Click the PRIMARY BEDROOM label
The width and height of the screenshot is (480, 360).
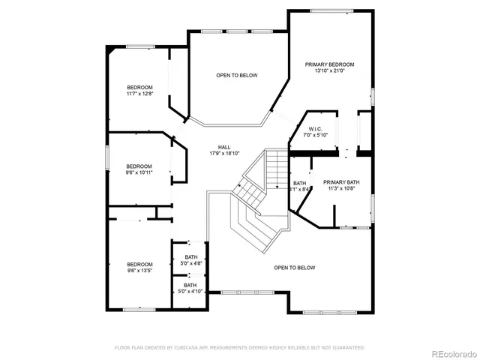[x=329, y=64]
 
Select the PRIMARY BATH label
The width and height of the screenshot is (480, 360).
[x=341, y=182]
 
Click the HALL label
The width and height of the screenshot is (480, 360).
[x=224, y=147]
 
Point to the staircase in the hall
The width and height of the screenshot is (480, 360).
[x=259, y=187]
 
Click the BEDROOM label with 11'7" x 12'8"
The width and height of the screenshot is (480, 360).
[x=139, y=88]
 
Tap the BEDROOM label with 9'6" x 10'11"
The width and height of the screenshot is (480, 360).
[x=139, y=166]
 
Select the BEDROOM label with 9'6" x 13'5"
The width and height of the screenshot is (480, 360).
[x=139, y=264]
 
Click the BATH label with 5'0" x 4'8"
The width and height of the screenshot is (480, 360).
[x=190, y=257]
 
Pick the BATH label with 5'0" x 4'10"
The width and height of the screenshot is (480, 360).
[x=190, y=285]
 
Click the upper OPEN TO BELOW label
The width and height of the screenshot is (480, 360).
[x=237, y=76]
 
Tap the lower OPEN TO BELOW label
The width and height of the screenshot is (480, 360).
[x=294, y=268]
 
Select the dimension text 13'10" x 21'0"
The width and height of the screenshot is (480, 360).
[x=329, y=71]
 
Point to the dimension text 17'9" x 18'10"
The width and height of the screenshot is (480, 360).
[x=224, y=153]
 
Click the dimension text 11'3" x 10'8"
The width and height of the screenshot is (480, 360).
[x=341, y=189]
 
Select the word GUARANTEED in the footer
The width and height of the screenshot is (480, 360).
[x=347, y=347]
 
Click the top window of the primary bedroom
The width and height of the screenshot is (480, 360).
[x=332, y=10]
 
